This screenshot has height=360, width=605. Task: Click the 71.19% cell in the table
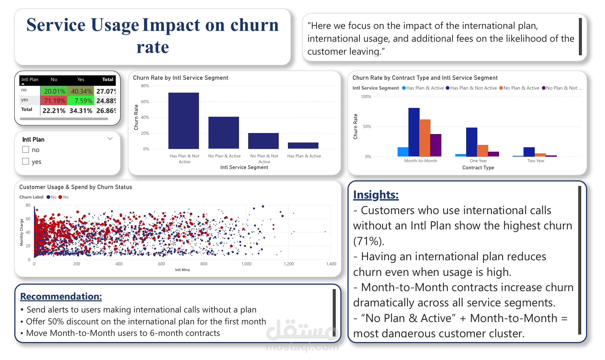click(54, 101)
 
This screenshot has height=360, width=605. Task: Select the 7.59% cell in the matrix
click(80, 101)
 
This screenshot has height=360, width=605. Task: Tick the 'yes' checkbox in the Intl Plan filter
click(25, 161)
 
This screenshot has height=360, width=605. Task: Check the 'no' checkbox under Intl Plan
click(25, 149)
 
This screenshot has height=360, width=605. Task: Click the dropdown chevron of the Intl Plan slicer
click(110, 138)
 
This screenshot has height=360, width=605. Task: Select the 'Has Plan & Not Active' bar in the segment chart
click(184, 121)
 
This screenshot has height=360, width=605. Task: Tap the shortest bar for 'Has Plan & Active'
click(303, 146)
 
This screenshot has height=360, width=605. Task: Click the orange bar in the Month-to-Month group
click(425, 138)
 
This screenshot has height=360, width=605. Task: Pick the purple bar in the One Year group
click(494, 154)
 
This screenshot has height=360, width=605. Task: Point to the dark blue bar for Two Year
click(529, 152)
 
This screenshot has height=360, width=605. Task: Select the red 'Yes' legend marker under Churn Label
click(60, 197)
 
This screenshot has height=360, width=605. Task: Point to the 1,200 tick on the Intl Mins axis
click(289, 264)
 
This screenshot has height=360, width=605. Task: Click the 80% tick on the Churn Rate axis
click(145, 86)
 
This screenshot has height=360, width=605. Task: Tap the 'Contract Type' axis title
click(478, 168)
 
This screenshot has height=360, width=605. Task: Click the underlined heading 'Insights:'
click(375, 195)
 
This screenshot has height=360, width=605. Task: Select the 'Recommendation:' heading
click(61, 296)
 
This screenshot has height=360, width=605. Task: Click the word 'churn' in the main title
click(254, 25)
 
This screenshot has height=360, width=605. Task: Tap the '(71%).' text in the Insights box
click(369, 241)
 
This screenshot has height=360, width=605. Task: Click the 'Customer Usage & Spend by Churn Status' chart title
click(76, 187)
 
